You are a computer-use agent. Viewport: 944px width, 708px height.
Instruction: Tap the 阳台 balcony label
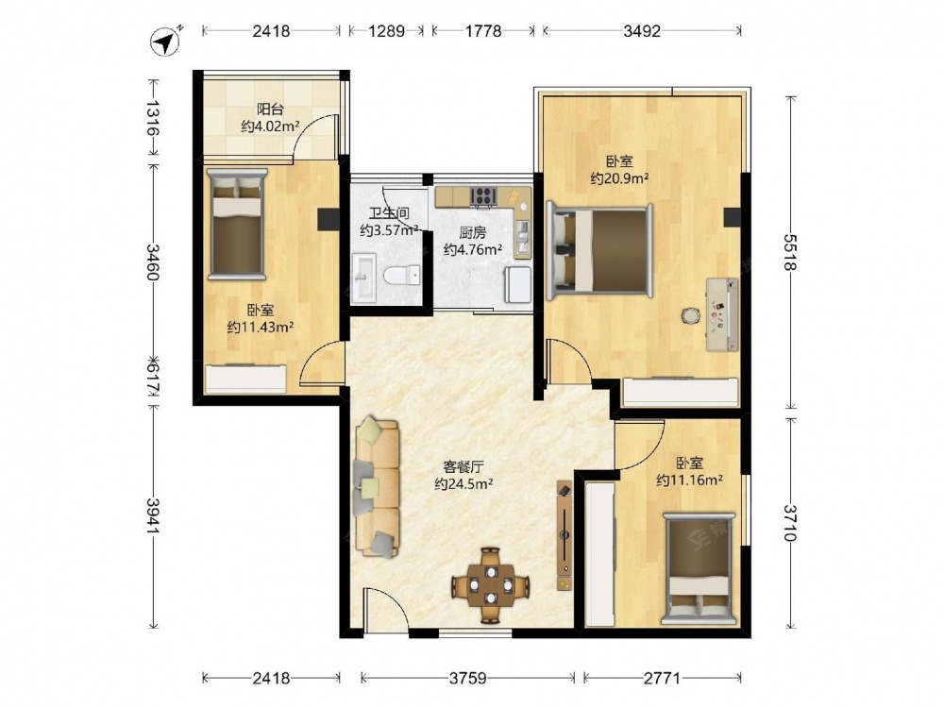(x=270, y=109)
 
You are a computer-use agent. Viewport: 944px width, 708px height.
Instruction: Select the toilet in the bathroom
(x=401, y=276)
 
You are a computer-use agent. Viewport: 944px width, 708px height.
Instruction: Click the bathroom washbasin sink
(x=363, y=277)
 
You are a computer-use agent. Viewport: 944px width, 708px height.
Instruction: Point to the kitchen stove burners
(x=482, y=195)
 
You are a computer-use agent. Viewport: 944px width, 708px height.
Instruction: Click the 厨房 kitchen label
(x=472, y=232)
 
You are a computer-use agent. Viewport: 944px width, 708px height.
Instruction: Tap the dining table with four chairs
(x=491, y=584)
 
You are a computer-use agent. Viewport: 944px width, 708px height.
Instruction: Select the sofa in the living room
(x=378, y=487)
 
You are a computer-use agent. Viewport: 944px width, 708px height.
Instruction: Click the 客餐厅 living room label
(x=464, y=466)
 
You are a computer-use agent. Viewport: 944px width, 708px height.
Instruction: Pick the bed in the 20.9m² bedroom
(x=599, y=250)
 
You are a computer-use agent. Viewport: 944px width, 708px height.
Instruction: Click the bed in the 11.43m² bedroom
(x=237, y=224)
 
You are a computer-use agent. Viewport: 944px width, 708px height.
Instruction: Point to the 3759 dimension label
(x=468, y=679)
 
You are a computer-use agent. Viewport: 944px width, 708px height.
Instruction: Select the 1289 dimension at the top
(x=386, y=30)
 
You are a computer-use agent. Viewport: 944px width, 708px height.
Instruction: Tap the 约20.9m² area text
(x=619, y=178)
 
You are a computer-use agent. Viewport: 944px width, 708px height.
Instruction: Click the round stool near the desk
(x=691, y=315)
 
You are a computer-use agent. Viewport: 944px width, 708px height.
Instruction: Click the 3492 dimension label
(x=642, y=30)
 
